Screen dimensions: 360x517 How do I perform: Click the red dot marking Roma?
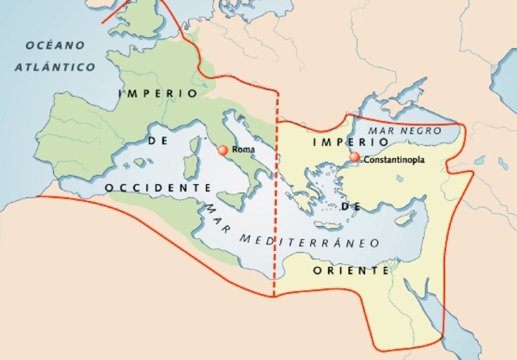pyautogui.click(x=223, y=150)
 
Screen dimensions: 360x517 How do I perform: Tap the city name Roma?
pyautogui.click(x=243, y=150)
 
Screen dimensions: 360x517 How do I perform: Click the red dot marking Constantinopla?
pyautogui.click(x=355, y=157)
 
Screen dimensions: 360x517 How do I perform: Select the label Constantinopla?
pyautogui.click(x=394, y=161)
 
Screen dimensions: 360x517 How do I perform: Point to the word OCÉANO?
pyautogui.click(x=57, y=46)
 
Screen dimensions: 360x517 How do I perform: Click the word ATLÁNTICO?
pyautogui.click(x=55, y=67)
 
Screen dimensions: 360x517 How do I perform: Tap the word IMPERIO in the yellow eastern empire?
pyautogui.click(x=338, y=142)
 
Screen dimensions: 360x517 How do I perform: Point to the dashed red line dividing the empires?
pyautogui.click(x=275, y=202)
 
